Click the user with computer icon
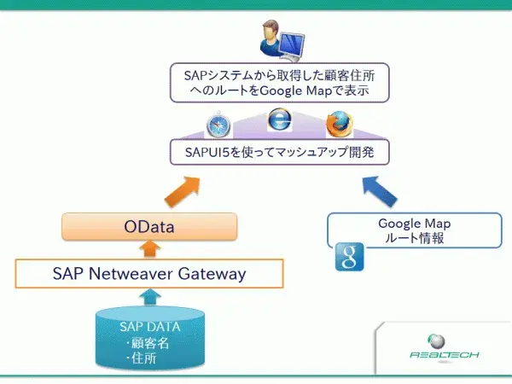[279, 40]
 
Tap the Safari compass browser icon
[218, 126]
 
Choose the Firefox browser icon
[338, 125]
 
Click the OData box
[149, 227]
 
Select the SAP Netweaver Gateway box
[149, 274]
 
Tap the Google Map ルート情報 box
[414, 230]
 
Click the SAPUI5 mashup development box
[279, 154]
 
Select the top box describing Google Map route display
[279, 81]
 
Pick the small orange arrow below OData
[150, 249]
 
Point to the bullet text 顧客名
[150, 343]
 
